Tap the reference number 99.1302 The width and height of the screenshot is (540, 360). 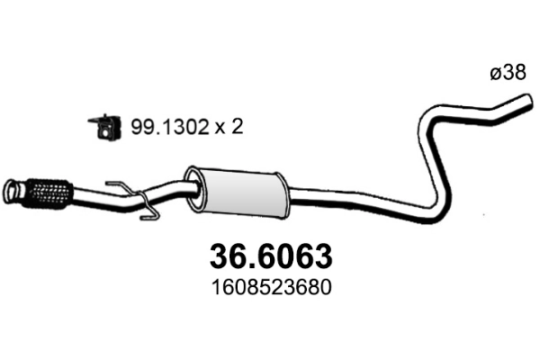pos(161,129)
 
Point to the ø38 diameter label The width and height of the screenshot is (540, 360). pos(508,76)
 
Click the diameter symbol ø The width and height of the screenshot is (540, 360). pos(495,76)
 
